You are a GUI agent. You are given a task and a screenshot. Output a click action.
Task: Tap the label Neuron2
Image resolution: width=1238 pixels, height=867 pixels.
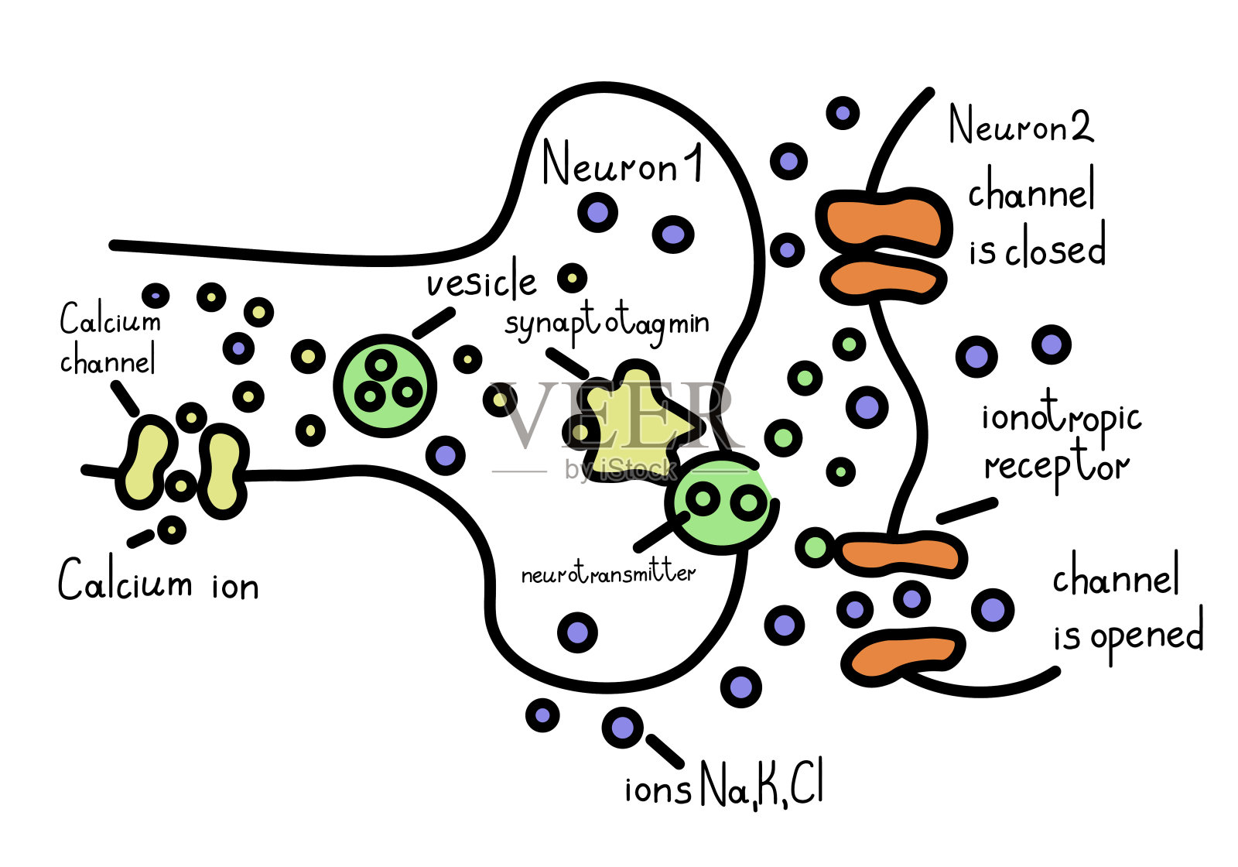(x=1021, y=126)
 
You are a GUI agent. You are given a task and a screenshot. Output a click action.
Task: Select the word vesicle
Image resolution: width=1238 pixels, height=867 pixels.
(x=481, y=282)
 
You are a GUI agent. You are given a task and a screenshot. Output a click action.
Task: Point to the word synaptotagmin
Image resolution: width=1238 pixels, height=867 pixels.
(x=607, y=324)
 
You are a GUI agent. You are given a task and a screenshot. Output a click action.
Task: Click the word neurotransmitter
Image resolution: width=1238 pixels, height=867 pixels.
(x=608, y=574)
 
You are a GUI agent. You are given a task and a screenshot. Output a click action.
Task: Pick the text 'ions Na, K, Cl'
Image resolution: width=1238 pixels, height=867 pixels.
(x=724, y=786)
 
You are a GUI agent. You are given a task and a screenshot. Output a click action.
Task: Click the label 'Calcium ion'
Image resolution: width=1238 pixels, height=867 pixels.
(x=159, y=582)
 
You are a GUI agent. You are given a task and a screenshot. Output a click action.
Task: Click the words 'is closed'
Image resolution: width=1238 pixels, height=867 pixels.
(x=1037, y=249)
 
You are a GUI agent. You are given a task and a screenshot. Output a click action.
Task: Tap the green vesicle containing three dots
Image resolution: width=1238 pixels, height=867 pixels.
(x=385, y=386)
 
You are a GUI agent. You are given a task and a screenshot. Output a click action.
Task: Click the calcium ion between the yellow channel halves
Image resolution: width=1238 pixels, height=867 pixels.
(x=180, y=486)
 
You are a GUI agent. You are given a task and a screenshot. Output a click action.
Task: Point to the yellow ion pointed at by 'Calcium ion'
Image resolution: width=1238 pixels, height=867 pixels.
(x=171, y=530)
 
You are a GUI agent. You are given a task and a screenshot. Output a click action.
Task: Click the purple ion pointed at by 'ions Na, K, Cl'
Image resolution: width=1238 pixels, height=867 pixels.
(x=622, y=728)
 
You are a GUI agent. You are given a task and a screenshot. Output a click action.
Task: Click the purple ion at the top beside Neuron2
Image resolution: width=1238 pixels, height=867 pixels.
(x=843, y=113)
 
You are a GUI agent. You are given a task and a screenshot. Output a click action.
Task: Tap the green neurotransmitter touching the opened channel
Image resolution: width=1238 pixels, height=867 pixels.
(x=815, y=547)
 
